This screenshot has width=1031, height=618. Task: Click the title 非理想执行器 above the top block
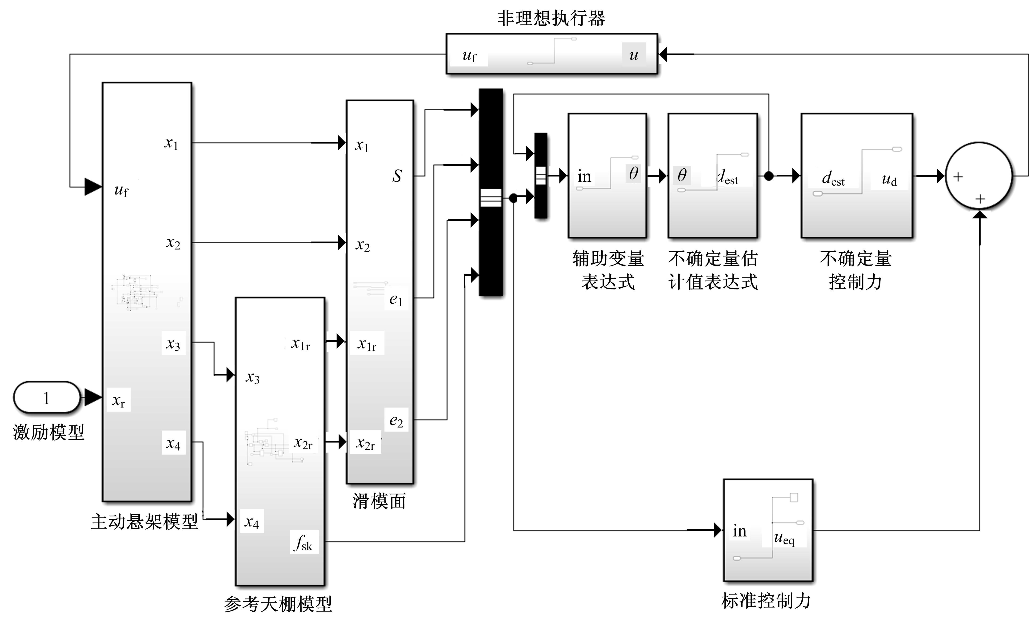point(551,18)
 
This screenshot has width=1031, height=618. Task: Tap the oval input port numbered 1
point(47,398)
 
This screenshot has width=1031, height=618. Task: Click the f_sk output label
point(304,542)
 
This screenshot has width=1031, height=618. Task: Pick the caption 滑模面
point(379,501)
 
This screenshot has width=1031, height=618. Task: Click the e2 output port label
point(396,421)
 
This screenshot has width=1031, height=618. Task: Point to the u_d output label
point(889,179)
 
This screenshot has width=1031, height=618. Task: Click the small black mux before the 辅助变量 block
point(541,175)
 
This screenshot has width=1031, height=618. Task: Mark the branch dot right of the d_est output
point(769,176)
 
